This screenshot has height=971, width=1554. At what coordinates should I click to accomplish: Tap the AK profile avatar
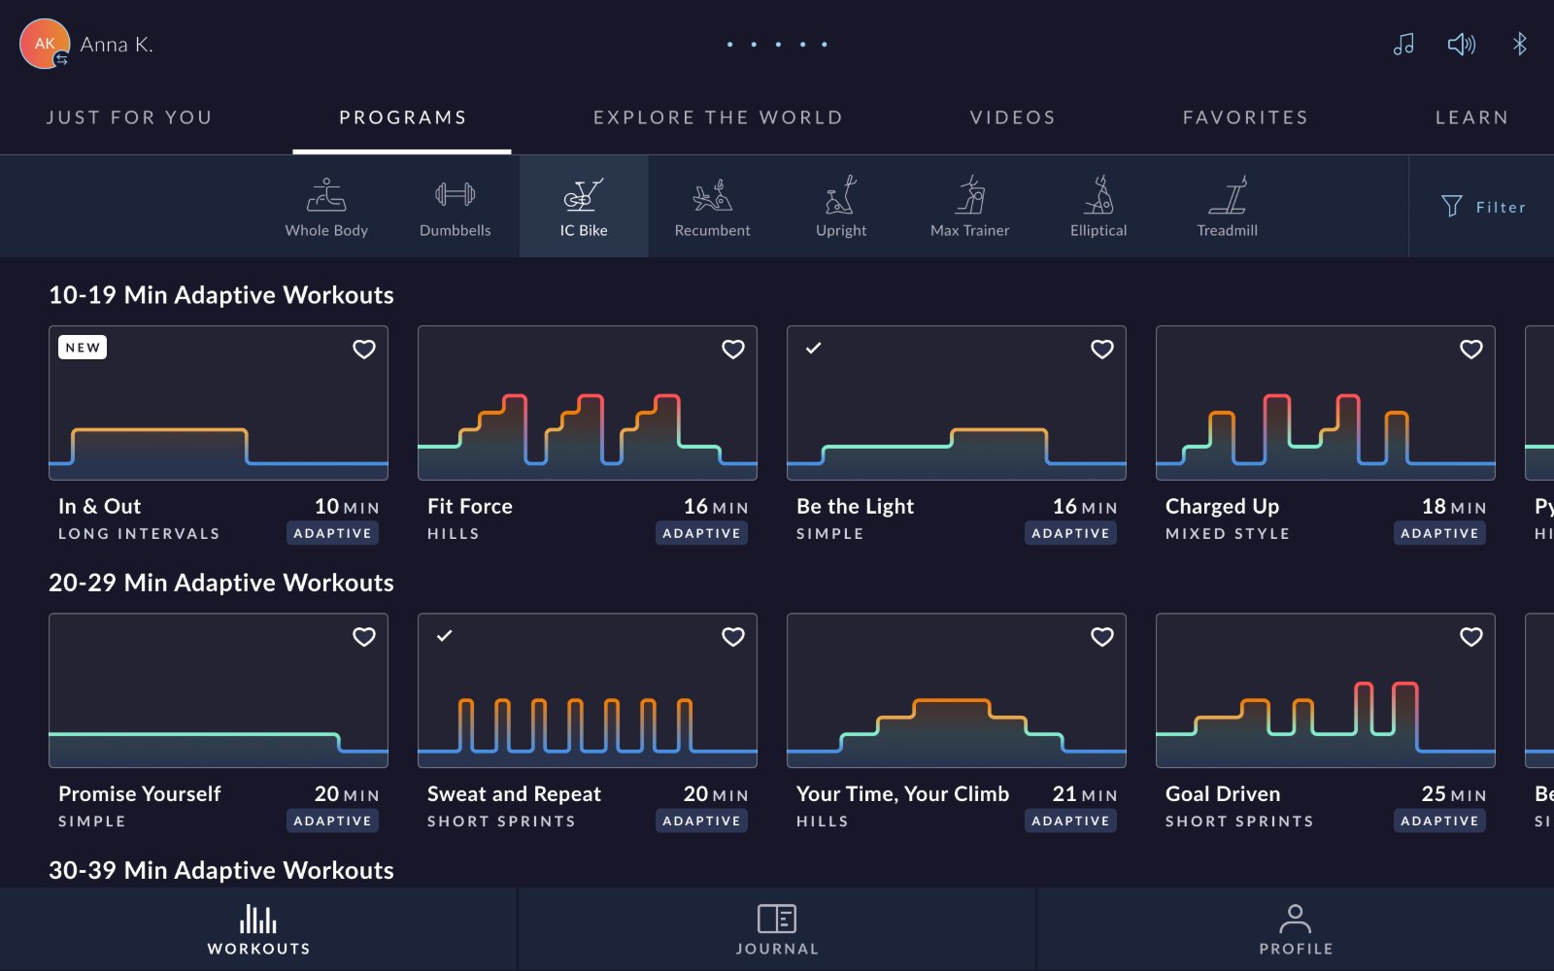[45, 44]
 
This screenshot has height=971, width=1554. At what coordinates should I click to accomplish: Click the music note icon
[1403, 45]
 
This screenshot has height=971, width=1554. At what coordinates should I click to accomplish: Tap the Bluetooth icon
[1519, 45]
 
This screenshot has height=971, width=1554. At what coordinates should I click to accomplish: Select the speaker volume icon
[1461, 45]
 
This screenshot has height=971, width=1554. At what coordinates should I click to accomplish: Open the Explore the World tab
[718, 117]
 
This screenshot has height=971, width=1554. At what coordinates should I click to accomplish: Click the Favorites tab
[1245, 117]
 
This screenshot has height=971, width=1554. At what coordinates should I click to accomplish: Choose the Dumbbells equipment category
[456, 207]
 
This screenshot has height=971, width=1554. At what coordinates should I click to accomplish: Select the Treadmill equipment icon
[1227, 207]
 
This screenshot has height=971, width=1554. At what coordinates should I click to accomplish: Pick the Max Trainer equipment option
[969, 207]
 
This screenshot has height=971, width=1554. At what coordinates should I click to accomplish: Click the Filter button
[1483, 207]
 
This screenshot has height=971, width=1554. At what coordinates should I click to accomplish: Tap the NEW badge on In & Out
[83, 348]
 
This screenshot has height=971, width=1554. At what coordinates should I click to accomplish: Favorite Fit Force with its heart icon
[732, 349]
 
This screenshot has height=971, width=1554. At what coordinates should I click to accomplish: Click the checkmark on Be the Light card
[813, 348]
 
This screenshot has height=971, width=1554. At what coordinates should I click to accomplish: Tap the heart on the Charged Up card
[1470, 349]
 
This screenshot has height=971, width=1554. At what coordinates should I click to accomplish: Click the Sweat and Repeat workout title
[514, 793]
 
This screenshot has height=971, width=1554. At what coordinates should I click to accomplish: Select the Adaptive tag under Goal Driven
[1439, 821]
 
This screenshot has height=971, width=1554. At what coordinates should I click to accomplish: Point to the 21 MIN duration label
[1084, 794]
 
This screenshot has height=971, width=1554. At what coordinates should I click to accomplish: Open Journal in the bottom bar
[777, 929]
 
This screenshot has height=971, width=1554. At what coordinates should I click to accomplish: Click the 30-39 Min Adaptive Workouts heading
[221, 870]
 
